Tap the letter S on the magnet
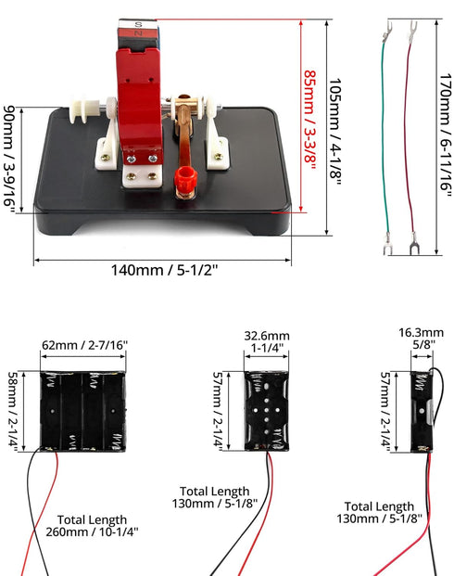click(x=138, y=25)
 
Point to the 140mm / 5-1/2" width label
click(x=164, y=270)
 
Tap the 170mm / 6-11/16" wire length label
click(x=446, y=135)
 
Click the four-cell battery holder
click(x=83, y=411)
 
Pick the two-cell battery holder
click(x=267, y=411)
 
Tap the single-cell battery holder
click(x=422, y=412)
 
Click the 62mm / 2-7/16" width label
click(x=85, y=345)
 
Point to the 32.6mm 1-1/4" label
click(x=267, y=341)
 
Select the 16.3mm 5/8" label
click(x=422, y=339)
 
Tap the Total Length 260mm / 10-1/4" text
click(x=92, y=526)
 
